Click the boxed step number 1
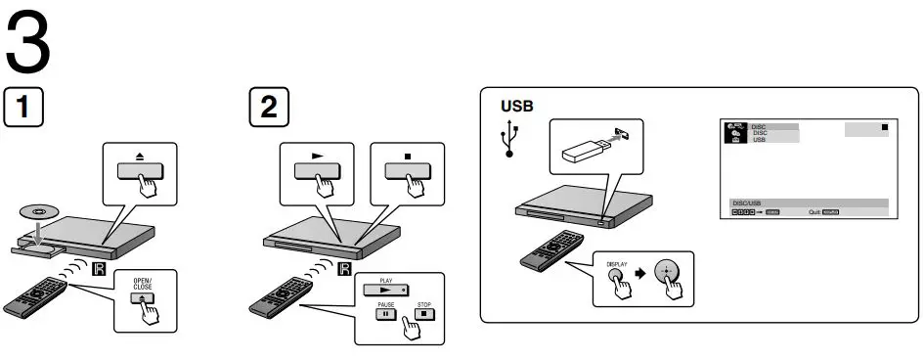pos(23,108)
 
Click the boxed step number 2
pos(268,108)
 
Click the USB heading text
pos(518,106)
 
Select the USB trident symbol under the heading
pos(509,141)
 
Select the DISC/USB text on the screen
pos(748,202)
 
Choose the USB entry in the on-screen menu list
pos(759,141)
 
